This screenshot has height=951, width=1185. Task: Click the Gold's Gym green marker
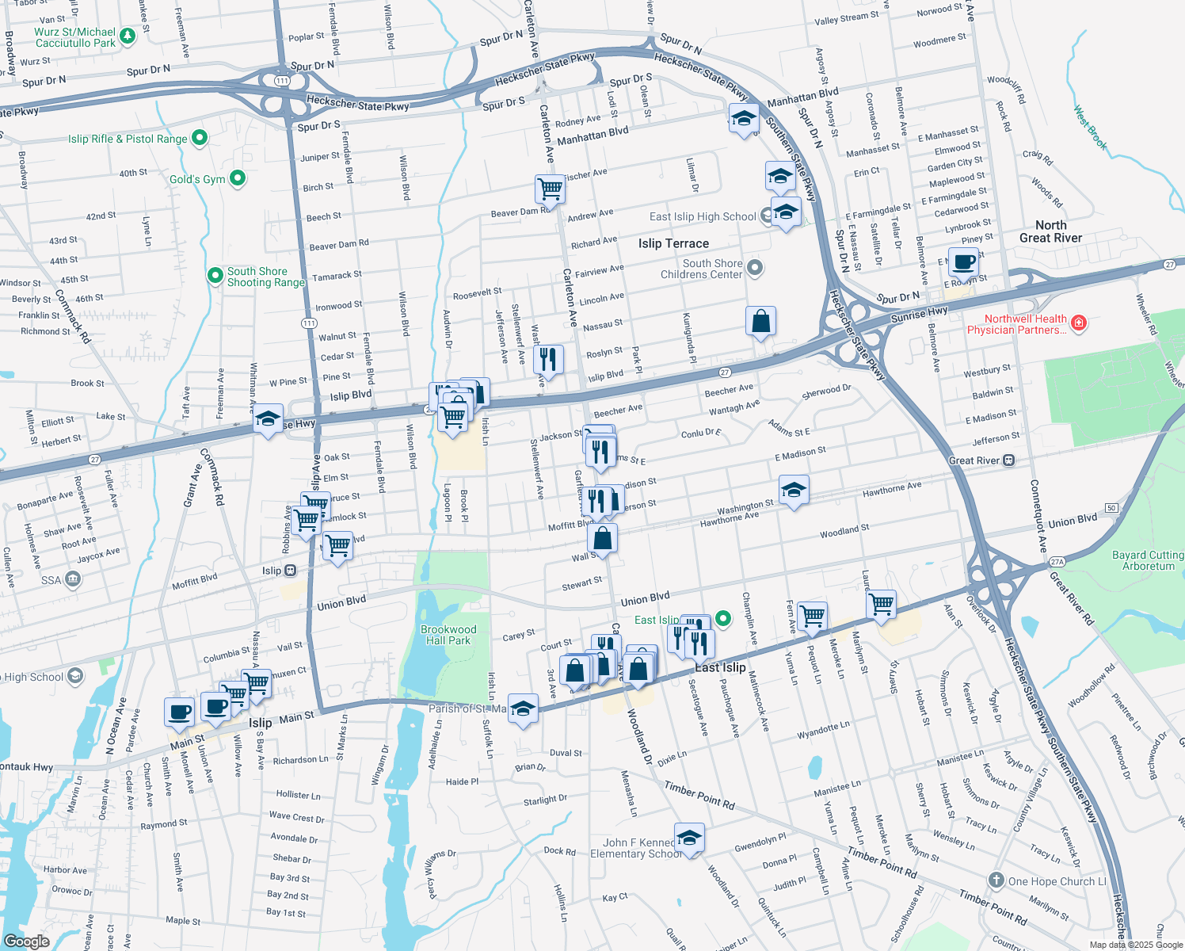click(x=238, y=178)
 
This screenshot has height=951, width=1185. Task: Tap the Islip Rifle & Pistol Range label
click(x=128, y=139)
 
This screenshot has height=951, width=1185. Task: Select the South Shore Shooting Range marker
click(x=215, y=275)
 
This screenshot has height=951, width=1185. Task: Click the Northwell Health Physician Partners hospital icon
click(x=1078, y=323)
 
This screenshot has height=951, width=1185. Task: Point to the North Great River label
click(x=1050, y=231)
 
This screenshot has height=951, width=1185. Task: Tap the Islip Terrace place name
click(x=673, y=243)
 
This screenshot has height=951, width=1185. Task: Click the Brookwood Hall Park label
click(x=448, y=635)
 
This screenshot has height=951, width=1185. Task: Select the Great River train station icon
click(x=1009, y=460)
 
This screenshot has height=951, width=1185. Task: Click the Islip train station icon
click(x=291, y=571)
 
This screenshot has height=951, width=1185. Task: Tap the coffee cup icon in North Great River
click(x=964, y=262)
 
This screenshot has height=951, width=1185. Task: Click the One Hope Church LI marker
click(x=996, y=880)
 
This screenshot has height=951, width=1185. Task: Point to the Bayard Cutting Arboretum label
click(x=1148, y=560)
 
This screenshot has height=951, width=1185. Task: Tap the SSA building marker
click(x=73, y=579)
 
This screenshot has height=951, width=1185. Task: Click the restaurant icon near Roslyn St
click(x=548, y=359)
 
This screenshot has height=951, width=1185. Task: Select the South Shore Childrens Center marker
click(x=755, y=268)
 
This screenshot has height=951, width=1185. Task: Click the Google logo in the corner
click(x=26, y=941)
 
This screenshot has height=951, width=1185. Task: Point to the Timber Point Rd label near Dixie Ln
click(x=699, y=796)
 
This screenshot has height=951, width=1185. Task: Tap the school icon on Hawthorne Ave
click(x=794, y=491)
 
